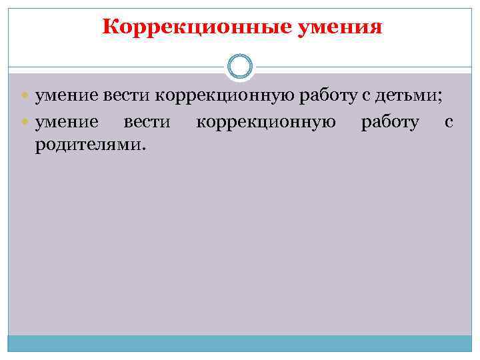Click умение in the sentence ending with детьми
click(x=67, y=97)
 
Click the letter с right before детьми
click(x=366, y=97)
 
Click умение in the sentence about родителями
click(x=67, y=122)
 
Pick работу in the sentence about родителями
click(x=390, y=122)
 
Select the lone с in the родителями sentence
click(x=448, y=123)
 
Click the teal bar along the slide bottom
click(x=240, y=343)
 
